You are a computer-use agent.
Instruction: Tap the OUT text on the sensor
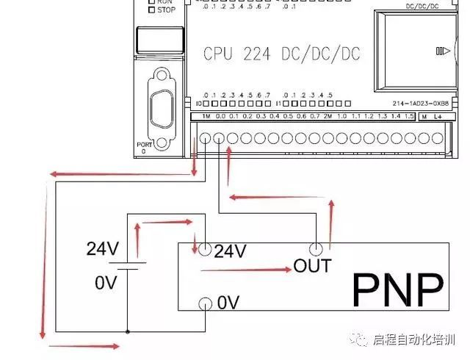pyautogui.click(x=312, y=264)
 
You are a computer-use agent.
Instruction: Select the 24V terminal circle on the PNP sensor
pyautogui.click(x=204, y=250)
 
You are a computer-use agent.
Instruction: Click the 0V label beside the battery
pyautogui.click(x=106, y=282)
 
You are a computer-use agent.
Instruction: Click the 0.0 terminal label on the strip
pyautogui.click(x=220, y=117)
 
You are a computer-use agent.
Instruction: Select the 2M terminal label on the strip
pyautogui.click(x=328, y=117)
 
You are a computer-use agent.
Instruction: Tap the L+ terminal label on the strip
pyautogui.click(x=438, y=117)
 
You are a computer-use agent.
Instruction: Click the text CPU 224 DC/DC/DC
pyautogui.click(x=282, y=54)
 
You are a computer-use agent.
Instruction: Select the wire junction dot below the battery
pyautogui.click(x=128, y=331)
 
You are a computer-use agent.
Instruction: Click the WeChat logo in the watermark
pyautogui.click(x=361, y=339)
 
